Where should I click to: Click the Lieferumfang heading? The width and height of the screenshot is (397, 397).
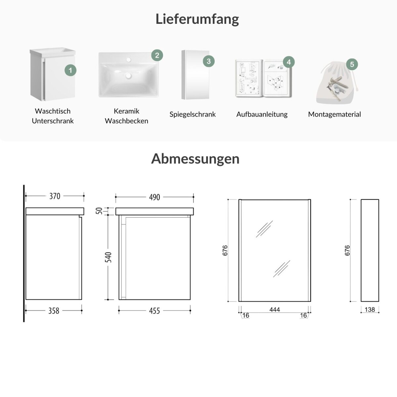click(197, 19)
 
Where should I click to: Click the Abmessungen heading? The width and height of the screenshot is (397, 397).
click(195, 159)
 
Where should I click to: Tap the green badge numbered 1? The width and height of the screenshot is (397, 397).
click(70, 70)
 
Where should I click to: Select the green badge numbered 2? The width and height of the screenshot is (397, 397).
click(157, 55)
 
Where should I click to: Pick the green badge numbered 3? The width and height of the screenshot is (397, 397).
click(209, 61)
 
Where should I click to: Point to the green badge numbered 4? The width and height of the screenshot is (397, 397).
click(288, 62)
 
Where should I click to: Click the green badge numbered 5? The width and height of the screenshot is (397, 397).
click(352, 64)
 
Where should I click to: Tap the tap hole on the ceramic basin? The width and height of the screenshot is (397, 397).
click(129, 60)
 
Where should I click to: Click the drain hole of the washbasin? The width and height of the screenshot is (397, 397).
click(129, 76)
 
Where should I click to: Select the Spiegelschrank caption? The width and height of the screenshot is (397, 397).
click(193, 114)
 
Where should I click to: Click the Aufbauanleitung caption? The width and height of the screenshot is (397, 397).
click(262, 114)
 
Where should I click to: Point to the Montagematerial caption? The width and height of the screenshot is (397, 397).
click(334, 114)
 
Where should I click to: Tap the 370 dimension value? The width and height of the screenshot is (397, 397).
click(55, 196)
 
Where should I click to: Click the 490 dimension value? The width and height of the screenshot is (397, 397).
click(154, 197)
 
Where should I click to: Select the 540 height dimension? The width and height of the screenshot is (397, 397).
click(108, 257)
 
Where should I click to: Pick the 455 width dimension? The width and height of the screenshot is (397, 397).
click(154, 311)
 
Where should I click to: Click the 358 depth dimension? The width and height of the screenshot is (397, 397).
click(54, 311)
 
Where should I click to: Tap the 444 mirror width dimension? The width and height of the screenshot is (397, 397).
click(275, 309)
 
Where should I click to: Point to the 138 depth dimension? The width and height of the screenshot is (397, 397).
click(370, 309)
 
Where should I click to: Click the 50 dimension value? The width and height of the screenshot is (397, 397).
click(99, 211)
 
